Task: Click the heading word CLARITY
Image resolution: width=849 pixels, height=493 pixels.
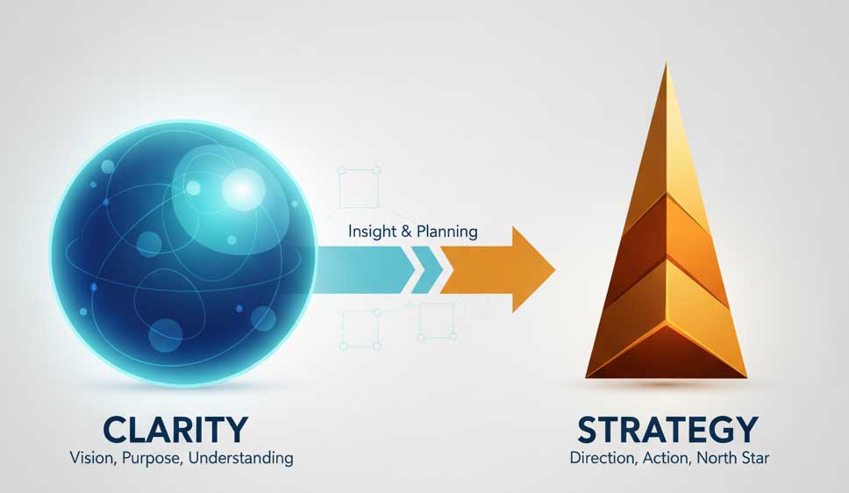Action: coord(175,430)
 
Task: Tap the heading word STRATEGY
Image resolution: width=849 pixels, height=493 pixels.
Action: coord(667,430)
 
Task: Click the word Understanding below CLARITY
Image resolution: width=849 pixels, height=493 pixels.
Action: coord(241,458)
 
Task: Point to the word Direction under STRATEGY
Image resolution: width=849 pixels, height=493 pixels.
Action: coord(603,458)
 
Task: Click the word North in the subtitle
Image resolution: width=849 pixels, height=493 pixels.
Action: coord(714,458)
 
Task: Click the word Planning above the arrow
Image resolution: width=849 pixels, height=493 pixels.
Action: coord(447,232)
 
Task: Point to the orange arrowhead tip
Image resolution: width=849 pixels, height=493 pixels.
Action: coord(555,270)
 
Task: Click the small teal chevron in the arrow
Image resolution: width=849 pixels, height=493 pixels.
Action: coord(429,270)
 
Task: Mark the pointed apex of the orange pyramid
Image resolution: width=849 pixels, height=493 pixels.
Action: coord(666,64)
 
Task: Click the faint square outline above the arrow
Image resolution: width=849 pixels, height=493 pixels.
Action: coord(359,188)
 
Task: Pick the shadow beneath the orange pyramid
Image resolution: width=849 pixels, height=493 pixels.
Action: coord(666,384)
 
